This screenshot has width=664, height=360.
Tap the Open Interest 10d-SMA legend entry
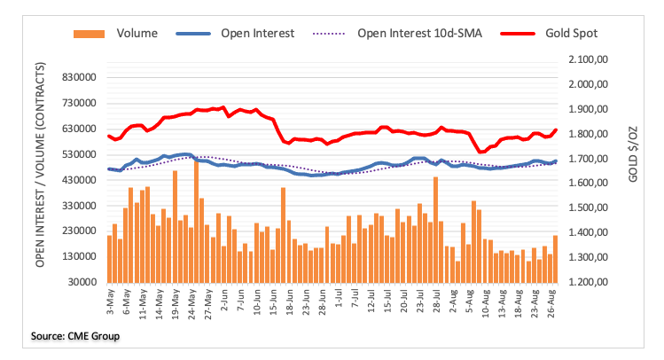point(407,34)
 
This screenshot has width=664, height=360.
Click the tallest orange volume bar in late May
point(197,220)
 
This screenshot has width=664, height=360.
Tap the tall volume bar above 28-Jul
point(435,229)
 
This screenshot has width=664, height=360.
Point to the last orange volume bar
point(556,258)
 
